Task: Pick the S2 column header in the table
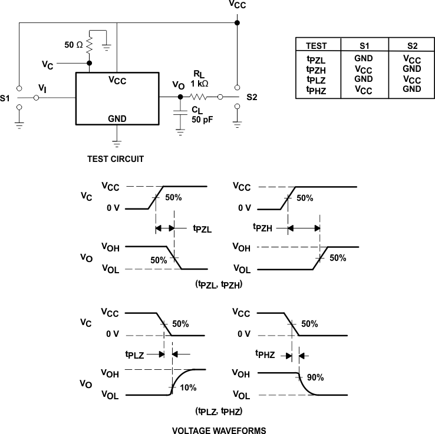tap(411, 45)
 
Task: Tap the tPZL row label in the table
tap(317, 59)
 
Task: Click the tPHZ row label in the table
tap(317, 90)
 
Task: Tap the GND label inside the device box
tap(117, 118)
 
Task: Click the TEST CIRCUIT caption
tap(116, 159)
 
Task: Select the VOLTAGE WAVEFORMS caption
tap(219, 430)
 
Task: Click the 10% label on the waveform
tap(189, 388)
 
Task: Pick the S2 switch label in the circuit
tap(252, 97)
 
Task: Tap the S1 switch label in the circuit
tap(5, 98)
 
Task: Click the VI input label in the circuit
tap(42, 88)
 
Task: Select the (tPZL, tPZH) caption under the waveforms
tap(219, 284)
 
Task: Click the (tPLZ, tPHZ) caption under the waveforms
tap(219, 410)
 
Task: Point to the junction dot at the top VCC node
tap(237, 23)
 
